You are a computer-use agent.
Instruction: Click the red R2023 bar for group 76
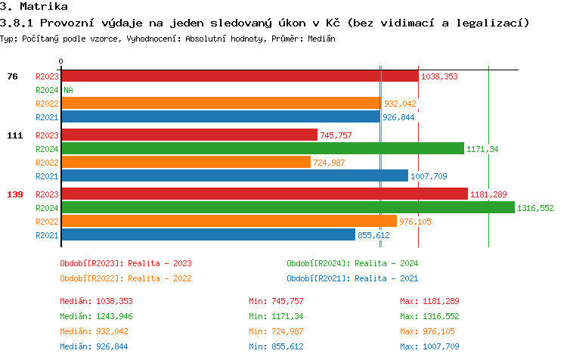(x=239, y=76)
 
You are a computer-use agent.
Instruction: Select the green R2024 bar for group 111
(x=262, y=149)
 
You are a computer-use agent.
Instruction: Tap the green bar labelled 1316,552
(x=287, y=207)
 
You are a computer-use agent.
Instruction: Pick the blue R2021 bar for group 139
(x=208, y=234)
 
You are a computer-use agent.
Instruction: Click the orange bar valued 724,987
(x=185, y=163)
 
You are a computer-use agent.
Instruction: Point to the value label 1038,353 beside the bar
(x=440, y=76)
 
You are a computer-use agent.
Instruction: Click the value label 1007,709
(x=429, y=176)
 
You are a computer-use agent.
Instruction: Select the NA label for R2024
(x=68, y=90)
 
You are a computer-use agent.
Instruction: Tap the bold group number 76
(x=12, y=76)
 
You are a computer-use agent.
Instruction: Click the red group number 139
(x=14, y=194)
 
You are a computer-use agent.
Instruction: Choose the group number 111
(x=14, y=135)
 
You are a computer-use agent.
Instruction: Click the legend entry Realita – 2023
(x=125, y=263)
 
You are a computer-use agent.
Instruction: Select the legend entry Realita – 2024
(x=352, y=263)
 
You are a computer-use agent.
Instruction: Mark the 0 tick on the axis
(x=60, y=61)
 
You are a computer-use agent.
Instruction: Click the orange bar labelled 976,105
(x=228, y=221)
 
